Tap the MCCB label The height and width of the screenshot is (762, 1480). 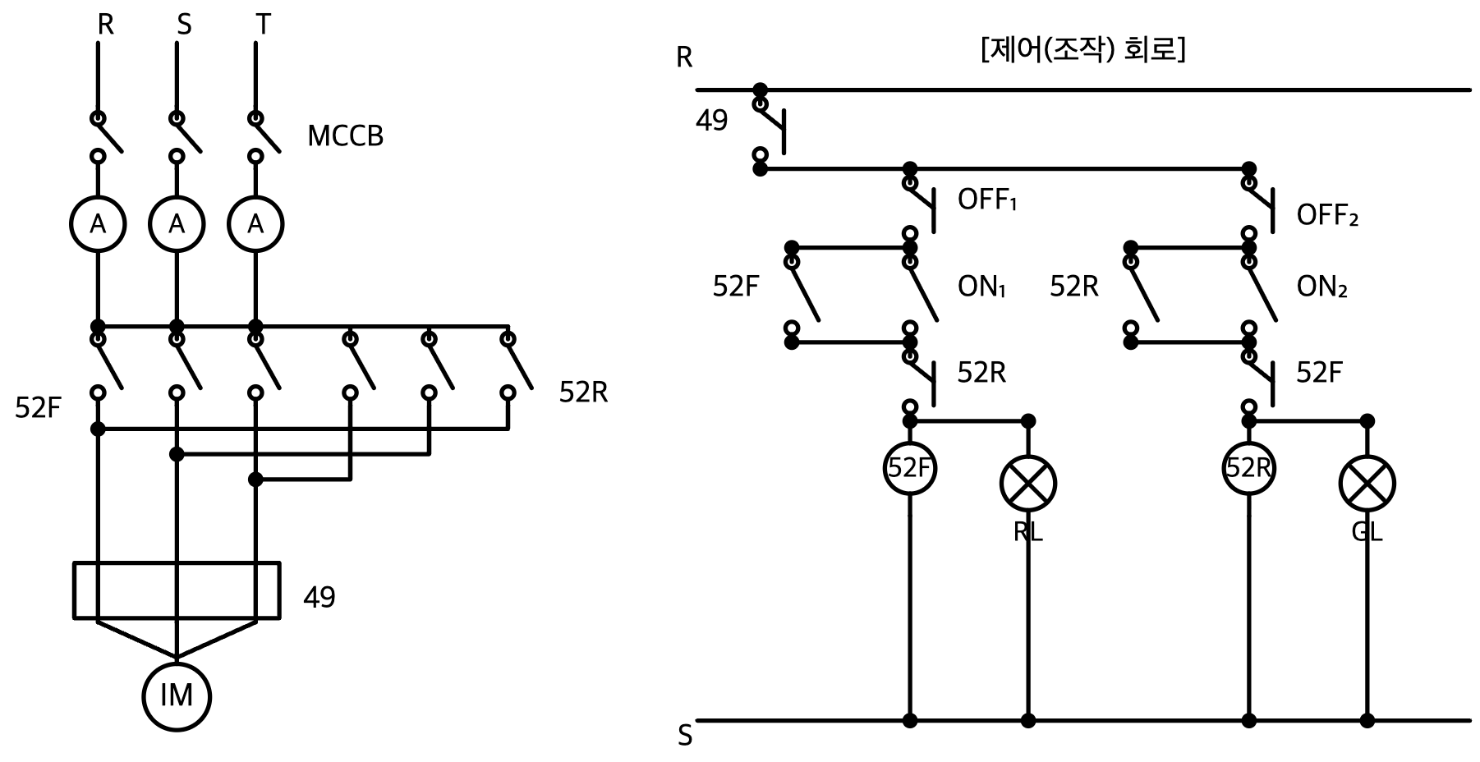(x=345, y=136)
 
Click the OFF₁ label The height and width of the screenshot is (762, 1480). (x=987, y=200)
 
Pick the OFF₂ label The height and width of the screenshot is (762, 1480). (x=1327, y=215)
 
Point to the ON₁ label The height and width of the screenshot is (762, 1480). (x=981, y=287)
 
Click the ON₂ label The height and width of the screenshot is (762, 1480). (x=1321, y=287)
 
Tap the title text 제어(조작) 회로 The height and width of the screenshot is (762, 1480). (x=1082, y=50)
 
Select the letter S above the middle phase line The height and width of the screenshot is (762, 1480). (x=184, y=25)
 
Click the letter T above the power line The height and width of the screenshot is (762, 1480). (x=263, y=25)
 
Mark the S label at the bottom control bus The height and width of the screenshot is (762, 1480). (x=685, y=736)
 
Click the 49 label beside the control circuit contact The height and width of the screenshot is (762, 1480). (x=711, y=121)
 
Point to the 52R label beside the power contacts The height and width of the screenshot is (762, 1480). (x=583, y=392)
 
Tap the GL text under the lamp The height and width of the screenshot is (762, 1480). (x=1367, y=532)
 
